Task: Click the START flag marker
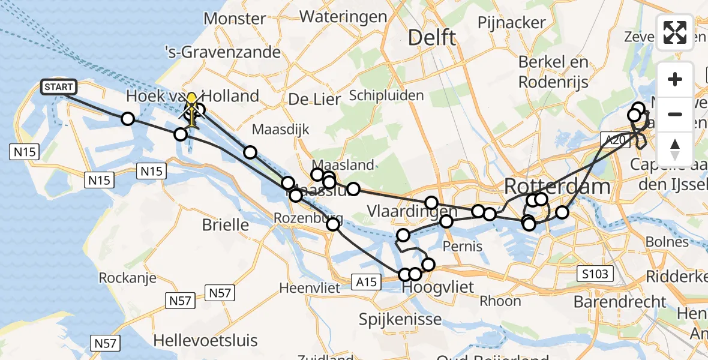point(59,87)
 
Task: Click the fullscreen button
point(675,32)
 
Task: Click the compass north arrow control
point(675,148)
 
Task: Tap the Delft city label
point(431,37)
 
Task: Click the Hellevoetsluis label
point(205,340)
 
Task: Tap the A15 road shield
point(365,281)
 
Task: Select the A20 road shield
point(614,139)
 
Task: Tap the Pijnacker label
point(512,23)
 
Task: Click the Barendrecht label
point(620,301)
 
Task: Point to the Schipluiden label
point(386,95)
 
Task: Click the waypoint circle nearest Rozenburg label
point(333,224)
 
